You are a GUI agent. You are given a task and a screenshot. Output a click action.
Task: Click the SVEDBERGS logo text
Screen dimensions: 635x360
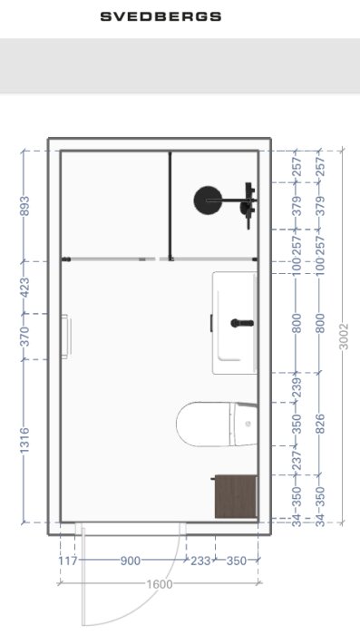[161, 16]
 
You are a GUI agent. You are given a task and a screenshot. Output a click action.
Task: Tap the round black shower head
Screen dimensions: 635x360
[209, 200]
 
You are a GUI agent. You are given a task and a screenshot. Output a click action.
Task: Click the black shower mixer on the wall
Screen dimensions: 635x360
[248, 200]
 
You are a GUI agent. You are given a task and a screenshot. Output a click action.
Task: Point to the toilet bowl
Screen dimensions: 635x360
[204, 425]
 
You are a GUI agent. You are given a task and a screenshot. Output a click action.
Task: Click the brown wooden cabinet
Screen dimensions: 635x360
[235, 496]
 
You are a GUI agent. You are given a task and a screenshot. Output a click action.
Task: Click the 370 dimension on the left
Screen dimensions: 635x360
[24, 337]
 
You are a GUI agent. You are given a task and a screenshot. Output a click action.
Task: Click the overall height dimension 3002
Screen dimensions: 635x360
[342, 336]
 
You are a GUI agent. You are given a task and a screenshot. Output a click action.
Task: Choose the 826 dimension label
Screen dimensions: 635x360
[319, 424]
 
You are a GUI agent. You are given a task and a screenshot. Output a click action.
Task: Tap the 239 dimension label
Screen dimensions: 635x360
[296, 386]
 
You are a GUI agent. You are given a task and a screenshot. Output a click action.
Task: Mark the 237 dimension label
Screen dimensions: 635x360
[296, 462]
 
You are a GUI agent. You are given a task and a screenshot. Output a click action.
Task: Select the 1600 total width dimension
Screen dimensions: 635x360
[160, 584]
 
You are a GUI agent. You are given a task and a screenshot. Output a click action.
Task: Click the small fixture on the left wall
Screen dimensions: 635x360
[65, 336]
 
